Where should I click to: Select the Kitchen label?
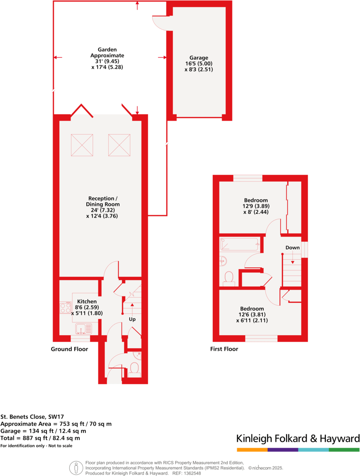[x=87, y=301]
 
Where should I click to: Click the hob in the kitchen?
[x=65, y=308]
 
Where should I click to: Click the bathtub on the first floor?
[x=239, y=244]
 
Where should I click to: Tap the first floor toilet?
[x=229, y=278]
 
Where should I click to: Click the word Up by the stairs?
[x=132, y=319]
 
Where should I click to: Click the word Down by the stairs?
[x=292, y=248]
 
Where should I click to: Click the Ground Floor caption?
[x=69, y=349]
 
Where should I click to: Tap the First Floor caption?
[x=224, y=349]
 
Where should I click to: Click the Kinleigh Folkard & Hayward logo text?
[x=298, y=439]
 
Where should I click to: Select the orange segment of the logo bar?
[x=252, y=450]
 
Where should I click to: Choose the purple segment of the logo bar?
[x=282, y=450]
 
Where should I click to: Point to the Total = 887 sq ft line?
[x=40, y=438]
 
